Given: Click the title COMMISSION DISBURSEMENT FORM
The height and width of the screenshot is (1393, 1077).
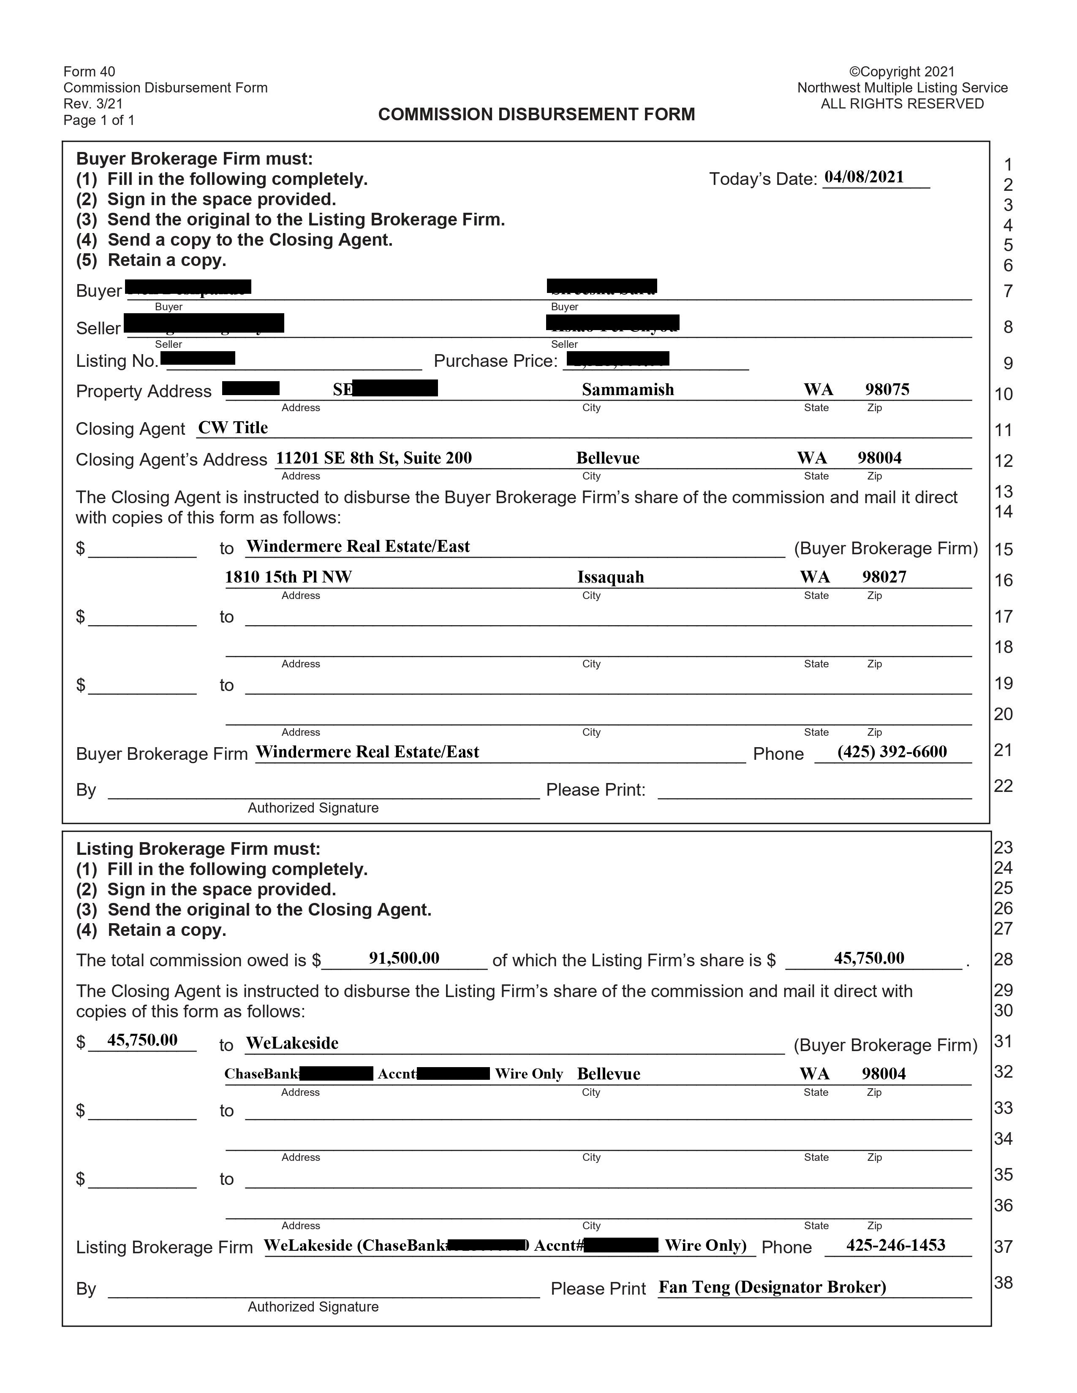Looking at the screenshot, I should pyautogui.click(x=536, y=115).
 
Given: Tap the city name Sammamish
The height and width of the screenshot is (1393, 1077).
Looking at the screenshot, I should pyautogui.click(x=628, y=390).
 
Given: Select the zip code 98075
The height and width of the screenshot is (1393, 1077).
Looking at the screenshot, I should pyautogui.click(x=887, y=390).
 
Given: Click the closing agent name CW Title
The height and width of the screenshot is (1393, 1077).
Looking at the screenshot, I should pyautogui.click(x=233, y=428).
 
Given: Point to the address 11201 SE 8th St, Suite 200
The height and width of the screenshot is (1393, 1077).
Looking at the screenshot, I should pyautogui.click(x=374, y=458).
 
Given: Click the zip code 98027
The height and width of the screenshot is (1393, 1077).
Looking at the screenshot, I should pyautogui.click(x=884, y=577).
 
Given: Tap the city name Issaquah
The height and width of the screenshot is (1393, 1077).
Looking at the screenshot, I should pyautogui.click(x=611, y=577).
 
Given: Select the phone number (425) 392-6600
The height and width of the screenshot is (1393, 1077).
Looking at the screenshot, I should pyautogui.click(x=892, y=752).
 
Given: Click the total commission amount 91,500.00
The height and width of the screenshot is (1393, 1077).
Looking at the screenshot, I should pyautogui.click(x=404, y=958).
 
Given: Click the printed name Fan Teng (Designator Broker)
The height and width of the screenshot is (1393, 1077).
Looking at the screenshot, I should pyautogui.click(x=772, y=1287).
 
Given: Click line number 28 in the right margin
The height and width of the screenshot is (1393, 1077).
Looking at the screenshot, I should pyautogui.click(x=1004, y=959).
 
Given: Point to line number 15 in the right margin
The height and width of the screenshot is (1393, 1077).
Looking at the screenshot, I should pyautogui.click(x=1004, y=549).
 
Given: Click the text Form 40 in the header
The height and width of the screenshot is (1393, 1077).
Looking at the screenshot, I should pyautogui.click(x=89, y=71).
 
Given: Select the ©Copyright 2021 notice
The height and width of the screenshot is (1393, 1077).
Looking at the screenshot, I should pyautogui.click(x=902, y=71).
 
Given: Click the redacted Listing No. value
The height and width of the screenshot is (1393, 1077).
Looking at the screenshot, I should pyautogui.click(x=198, y=358).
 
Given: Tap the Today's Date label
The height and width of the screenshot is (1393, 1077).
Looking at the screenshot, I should pyautogui.click(x=762, y=179).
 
